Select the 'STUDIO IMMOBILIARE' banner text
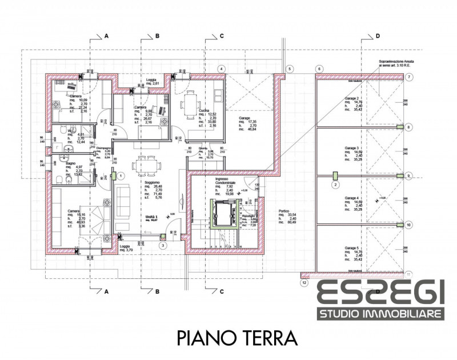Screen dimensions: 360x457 (x=381, y=314)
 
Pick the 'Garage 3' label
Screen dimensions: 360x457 (x=351, y=148)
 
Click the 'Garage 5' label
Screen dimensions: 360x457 (x=351, y=248)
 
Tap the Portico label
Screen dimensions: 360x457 (x=284, y=210)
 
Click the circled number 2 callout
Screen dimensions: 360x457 (x=336, y=185)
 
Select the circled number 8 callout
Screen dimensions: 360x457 (x=408, y=127)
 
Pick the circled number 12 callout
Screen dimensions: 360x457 (x=304, y=282)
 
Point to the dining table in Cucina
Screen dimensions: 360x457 (x=190, y=106)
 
